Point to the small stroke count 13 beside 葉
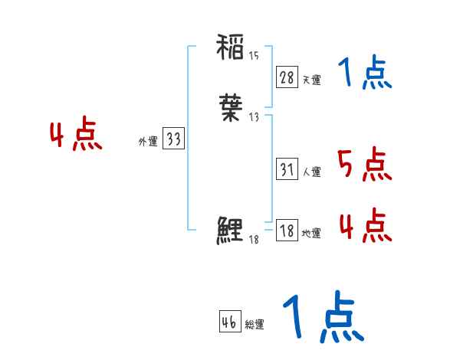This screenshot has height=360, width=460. tap(254, 116)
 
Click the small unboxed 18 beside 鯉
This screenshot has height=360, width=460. tap(254, 240)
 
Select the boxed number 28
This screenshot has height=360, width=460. tap(287, 77)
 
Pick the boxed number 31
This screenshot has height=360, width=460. tap(287, 169)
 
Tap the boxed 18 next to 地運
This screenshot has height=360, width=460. tap(287, 231)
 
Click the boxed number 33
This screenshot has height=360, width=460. tap(173, 139)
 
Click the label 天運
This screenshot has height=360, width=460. tap(312, 80)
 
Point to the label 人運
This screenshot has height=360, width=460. tap(312, 172)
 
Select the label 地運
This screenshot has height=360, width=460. tap(312, 234)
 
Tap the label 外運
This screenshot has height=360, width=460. tap(148, 142)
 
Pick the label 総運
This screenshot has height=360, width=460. tap(255, 325)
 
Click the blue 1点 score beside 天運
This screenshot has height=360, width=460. tap(365, 74)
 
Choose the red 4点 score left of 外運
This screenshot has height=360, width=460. tap(76, 136)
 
